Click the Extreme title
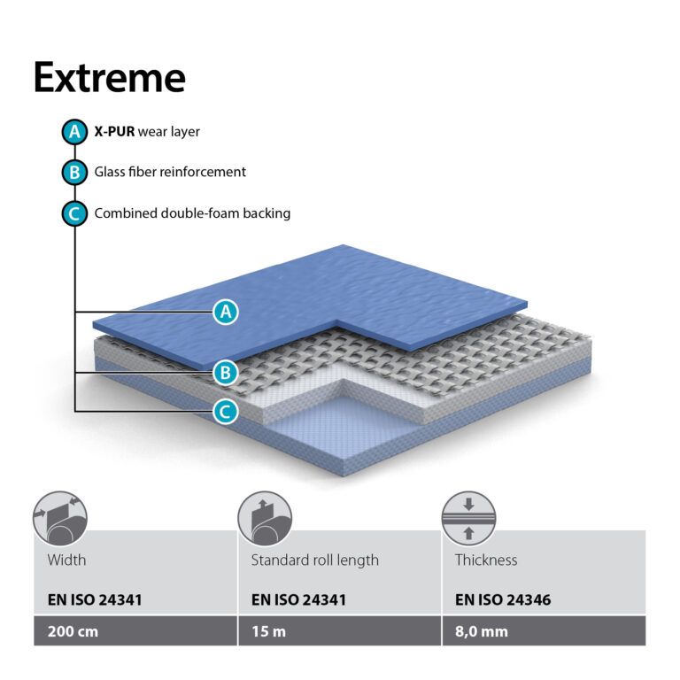[110, 78]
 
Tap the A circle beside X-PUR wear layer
[74, 132]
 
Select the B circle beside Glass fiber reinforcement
[74, 172]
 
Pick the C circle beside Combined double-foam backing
[74, 213]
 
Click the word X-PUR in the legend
[114, 131]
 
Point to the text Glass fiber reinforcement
[170, 172]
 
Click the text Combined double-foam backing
[192, 213]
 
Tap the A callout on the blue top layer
[226, 312]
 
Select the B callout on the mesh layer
[226, 373]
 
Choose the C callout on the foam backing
[226, 412]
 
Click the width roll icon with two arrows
[60, 519]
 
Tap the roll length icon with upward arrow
[265, 519]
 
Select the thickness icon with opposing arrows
[468, 519]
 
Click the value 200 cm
[73, 631]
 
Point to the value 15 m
[269, 631]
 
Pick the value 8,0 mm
[482, 631]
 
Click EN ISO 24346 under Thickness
[503, 599]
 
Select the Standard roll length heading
[315, 560]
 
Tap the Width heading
[66, 560]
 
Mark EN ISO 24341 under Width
[95, 599]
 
